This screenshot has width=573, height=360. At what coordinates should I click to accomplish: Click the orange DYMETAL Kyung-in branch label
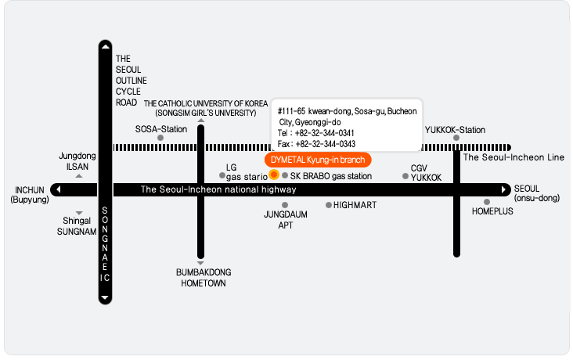click(x=318, y=160)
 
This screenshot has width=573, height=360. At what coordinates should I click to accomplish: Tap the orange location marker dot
click(x=274, y=175)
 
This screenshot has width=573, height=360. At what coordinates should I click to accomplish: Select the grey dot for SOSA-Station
click(x=160, y=138)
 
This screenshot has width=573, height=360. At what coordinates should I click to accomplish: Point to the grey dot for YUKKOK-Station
click(x=456, y=138)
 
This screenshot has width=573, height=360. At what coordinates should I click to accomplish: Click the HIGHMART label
click(x=355, y=205)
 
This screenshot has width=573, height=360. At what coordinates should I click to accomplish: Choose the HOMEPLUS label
click(x=492, y=211)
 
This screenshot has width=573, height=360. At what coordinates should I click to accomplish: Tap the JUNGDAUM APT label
click(x=286, y=220)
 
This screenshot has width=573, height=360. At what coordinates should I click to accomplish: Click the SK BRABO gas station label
click(x=330, y=176)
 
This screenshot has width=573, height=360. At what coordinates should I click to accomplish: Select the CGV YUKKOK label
click(x=426, y=173)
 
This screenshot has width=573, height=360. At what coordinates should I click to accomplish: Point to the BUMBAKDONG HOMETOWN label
click(x=204, y=278)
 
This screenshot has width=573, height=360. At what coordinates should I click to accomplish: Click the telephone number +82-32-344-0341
click(x=325, y=133)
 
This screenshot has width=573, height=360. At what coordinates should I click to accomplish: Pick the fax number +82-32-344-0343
click(x=325, y=144)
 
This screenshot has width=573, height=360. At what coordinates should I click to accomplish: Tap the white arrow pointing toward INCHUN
click(x=59, y=189)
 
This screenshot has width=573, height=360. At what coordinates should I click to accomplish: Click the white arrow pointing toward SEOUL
click(x=503, y=189)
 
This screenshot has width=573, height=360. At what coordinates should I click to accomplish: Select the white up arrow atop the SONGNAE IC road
click(x=105, y=46)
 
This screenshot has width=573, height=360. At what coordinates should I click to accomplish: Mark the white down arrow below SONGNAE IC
click(x=105, y=297)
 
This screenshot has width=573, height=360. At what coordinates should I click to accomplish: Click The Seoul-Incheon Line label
click(x=514, y=157)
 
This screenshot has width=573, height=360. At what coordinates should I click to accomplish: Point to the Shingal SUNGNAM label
click(x=77, y=226)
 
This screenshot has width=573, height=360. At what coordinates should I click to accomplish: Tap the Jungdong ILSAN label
click(x=77, y=161)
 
